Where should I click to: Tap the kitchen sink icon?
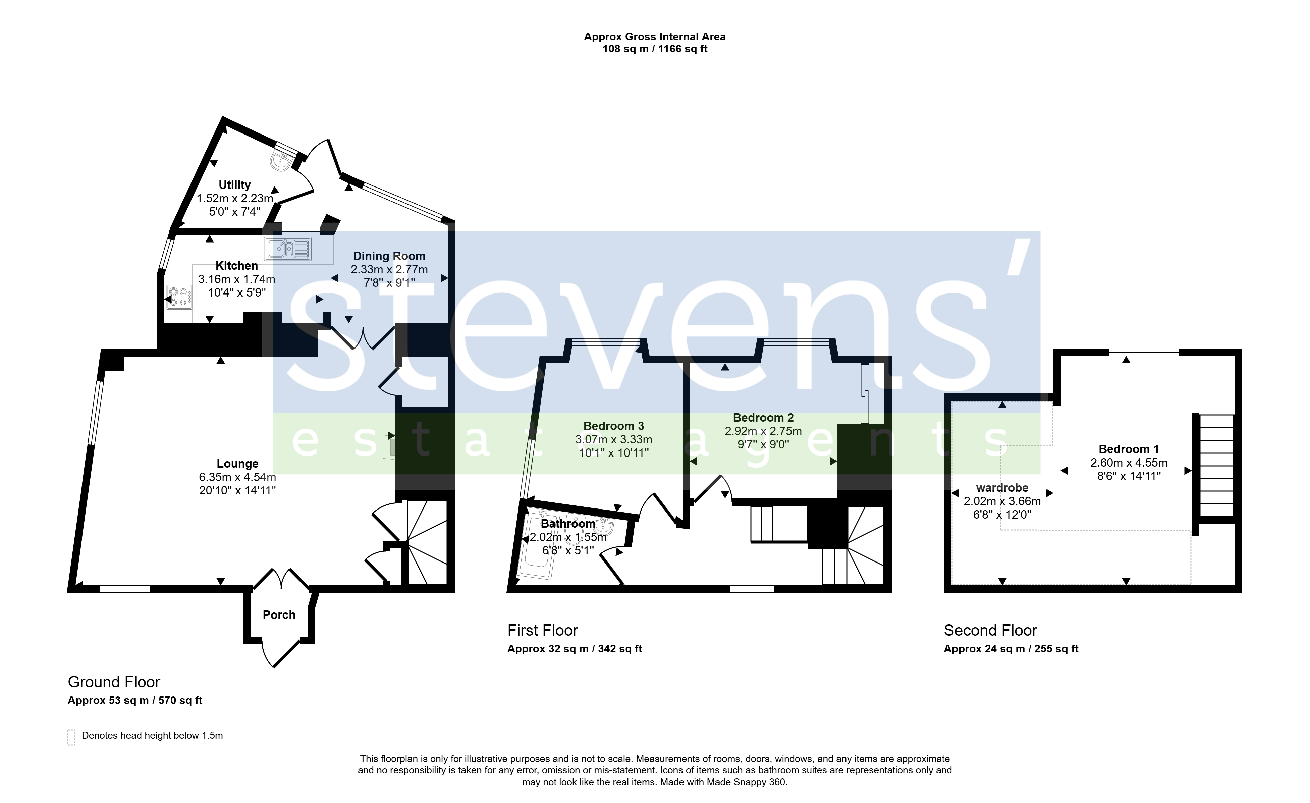(x=288, y=248)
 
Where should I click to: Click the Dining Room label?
(x=389, y=256)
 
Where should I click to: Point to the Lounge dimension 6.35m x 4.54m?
(x=238, y=477)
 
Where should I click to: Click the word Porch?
(x=279, y=615)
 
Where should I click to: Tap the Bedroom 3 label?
(x=613, y=426)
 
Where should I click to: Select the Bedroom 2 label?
(x=763, y=418)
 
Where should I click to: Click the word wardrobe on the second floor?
(x=1002, y=488)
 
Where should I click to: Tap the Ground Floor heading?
(x=114, y=682)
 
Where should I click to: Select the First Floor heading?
(x=542, y=630)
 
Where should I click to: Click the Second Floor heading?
(x=990, y=630)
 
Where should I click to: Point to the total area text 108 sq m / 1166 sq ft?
(x=654, y=49)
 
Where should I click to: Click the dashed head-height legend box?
(x=71, y=737)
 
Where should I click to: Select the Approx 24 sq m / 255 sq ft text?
(x=1011, y=649)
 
